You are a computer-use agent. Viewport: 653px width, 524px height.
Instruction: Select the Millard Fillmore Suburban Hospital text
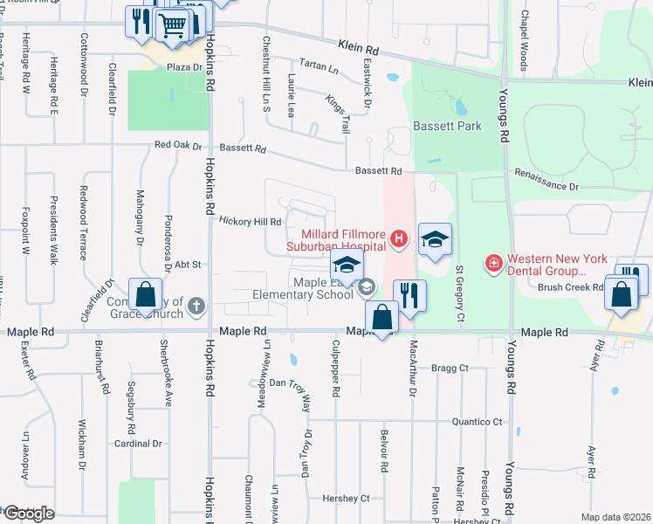343,240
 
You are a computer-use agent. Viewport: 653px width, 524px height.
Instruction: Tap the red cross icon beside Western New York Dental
493,262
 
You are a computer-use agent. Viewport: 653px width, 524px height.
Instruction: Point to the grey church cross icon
197,306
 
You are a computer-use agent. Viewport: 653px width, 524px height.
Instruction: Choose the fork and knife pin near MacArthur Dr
409,295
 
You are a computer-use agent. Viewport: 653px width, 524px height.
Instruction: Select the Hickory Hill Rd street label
250,222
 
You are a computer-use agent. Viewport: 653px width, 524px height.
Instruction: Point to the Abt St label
188,264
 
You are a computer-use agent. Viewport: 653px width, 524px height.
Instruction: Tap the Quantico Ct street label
477,422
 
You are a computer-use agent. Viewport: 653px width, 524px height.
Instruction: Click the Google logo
28,514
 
